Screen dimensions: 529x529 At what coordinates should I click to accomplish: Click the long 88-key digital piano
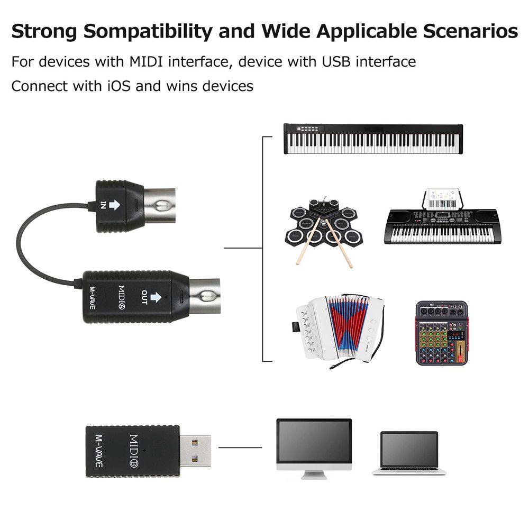373,139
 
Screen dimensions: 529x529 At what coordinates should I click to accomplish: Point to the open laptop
409,452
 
